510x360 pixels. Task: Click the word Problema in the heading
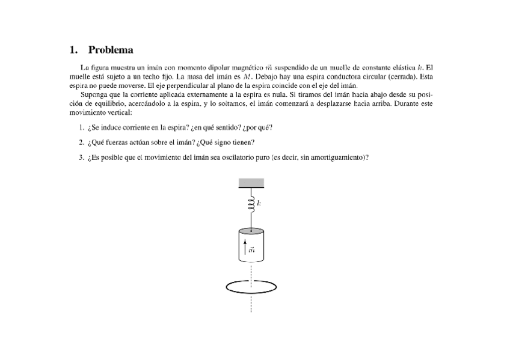(x=111, y=50)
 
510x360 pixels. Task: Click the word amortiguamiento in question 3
(x=336, y=157)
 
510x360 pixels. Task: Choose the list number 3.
(x=81, y=157)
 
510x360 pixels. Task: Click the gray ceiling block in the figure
(x=250, y=183)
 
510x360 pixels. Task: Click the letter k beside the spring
(x=259, y=204)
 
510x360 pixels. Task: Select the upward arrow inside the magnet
(x=244, y=245)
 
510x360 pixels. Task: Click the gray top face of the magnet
(x=250, y=231)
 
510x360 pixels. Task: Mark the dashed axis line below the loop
(x=250, y=304)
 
